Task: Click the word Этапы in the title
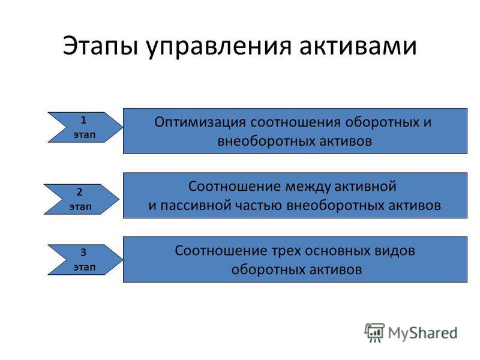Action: point(100,46)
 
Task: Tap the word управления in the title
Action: point(218,47)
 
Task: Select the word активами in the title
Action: point(358,47)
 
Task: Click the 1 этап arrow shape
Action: point(85,127)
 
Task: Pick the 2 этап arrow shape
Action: point(82,199)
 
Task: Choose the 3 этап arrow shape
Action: point(85,260)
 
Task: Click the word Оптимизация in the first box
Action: point(200,122)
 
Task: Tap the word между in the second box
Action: point(308,187)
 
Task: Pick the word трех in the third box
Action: point(286,251)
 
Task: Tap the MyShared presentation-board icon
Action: point(374,332)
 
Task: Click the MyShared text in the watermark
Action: point(423,333)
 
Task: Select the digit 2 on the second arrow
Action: point(79,192)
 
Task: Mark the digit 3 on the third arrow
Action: point(83,252)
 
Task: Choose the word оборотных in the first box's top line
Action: point(382,122)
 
